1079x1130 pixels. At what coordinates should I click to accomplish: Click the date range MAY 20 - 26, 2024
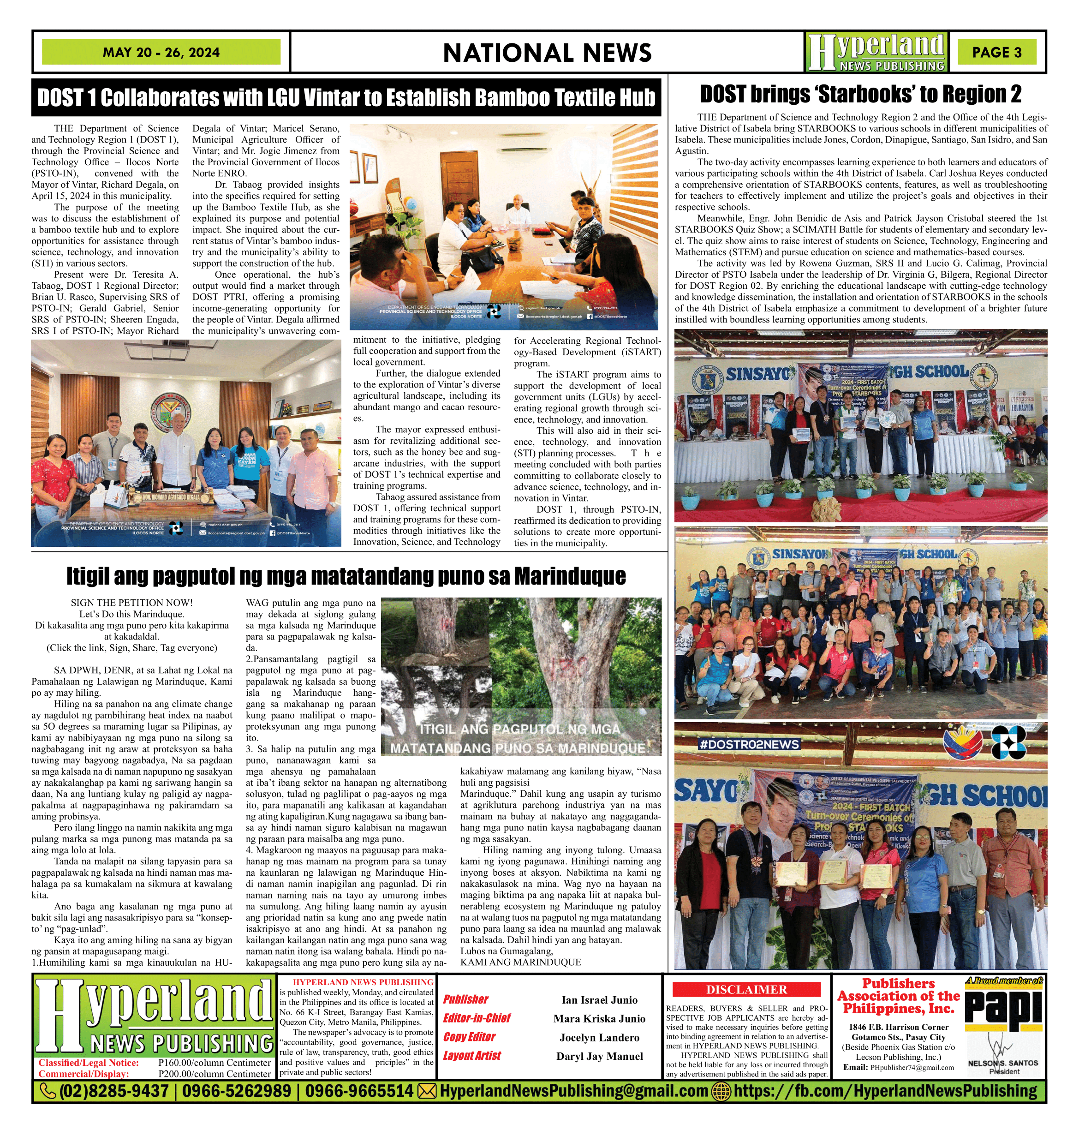click(x=161, y=52)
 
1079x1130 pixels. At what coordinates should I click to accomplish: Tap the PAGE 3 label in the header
click(x=997, y=52)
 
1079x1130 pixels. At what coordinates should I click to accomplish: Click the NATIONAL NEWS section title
click(x=547, y=53)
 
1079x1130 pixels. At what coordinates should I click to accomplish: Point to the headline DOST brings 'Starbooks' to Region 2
click(x=860, y=94)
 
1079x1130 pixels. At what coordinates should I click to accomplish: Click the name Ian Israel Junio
click(x=599, y=1000)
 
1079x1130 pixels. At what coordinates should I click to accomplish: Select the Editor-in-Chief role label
click(x=477, y=1018)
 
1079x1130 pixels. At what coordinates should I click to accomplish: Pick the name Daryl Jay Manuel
click(x=599, y=1056)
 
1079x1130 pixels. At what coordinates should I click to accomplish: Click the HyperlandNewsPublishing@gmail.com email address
click(x=573, y=1091)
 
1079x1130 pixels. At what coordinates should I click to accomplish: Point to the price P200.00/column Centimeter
click(x=214, y=1074)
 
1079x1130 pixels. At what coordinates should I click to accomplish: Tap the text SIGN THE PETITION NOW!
click(x=132, y=603)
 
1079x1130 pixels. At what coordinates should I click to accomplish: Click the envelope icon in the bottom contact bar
click(x=426, y=1091)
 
